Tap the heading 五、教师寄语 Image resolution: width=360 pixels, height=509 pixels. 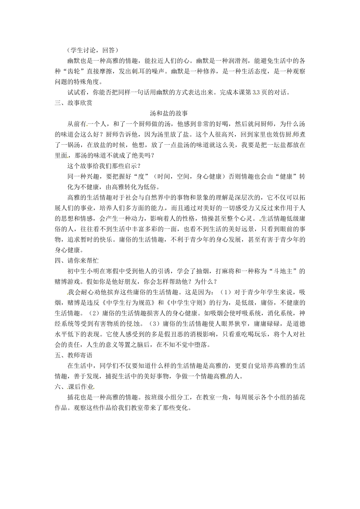73,355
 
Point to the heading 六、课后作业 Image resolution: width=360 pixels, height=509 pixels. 73,387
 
